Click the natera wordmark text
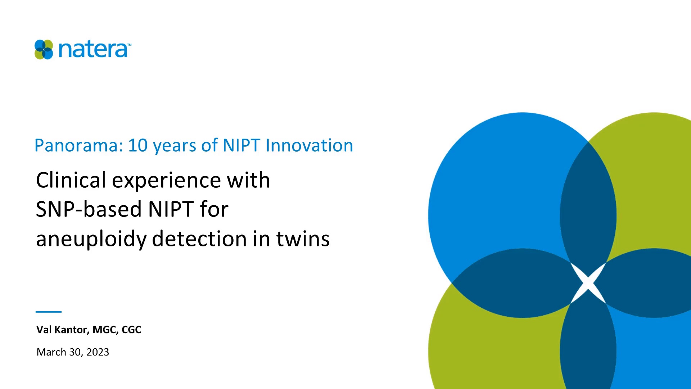tap(93, 50)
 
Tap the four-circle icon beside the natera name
tap(44, 50)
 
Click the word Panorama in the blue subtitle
tap(76, 146)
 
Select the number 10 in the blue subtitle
tap(137, 146)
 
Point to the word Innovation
tap(309, 146)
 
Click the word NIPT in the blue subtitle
tap(241, 146)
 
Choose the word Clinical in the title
tap(71, 180)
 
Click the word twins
tap(303, 239)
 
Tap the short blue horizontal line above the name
tap(49, 312)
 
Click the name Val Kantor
tap(62, 330)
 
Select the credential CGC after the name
tap(131, 330)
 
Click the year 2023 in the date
tap(98, 352)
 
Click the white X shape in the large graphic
tap(588, 283)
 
